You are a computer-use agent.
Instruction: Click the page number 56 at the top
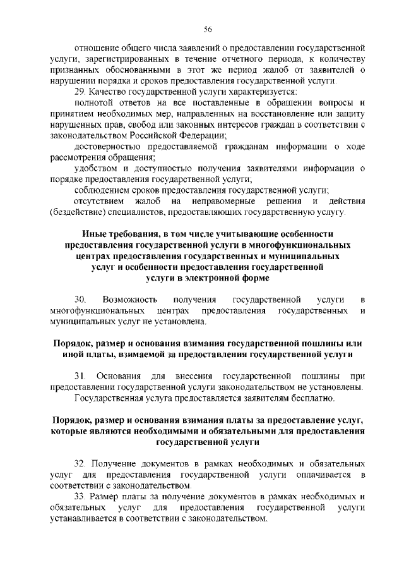207,30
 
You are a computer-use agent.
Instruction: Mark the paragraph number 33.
80,497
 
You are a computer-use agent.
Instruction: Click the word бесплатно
304,398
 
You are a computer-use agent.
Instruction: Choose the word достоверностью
107,147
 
